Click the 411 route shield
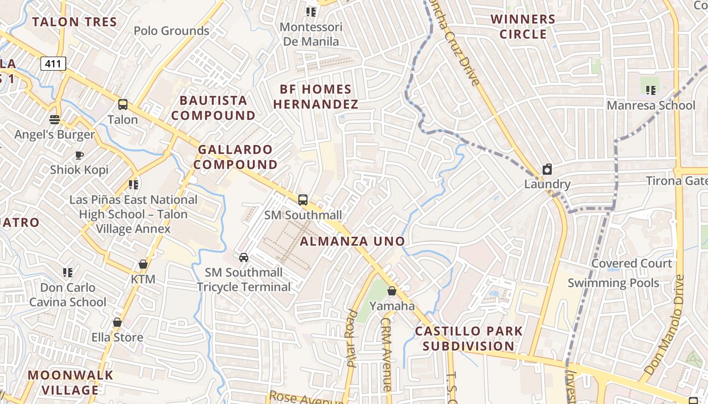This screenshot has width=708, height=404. click(53, 64)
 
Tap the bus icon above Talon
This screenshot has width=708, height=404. click(123, 105)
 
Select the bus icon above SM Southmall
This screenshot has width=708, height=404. click(302, 200)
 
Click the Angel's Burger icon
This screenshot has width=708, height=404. click(55, 120)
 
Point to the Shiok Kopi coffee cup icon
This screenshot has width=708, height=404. click(79, 155)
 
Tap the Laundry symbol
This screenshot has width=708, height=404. click(547, 169)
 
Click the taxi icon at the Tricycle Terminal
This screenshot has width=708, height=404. click(244, 258)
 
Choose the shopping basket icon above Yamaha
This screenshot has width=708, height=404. click(391, 291)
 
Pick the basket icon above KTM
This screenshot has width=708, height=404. click(143, 264)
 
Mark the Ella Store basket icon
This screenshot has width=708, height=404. click(117, 322)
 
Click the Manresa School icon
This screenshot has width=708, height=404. click(650, 90)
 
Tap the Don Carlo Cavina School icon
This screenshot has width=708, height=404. click(67, 273)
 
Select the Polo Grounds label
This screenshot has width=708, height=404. click(171, 31)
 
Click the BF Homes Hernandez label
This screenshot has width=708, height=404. click(316, 97)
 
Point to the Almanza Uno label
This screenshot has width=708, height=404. click(352, 241)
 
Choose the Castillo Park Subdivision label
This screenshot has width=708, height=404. click(469, 339)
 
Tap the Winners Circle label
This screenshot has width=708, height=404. click(523, 27)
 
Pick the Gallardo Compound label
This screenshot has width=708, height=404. click(236, 157)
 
